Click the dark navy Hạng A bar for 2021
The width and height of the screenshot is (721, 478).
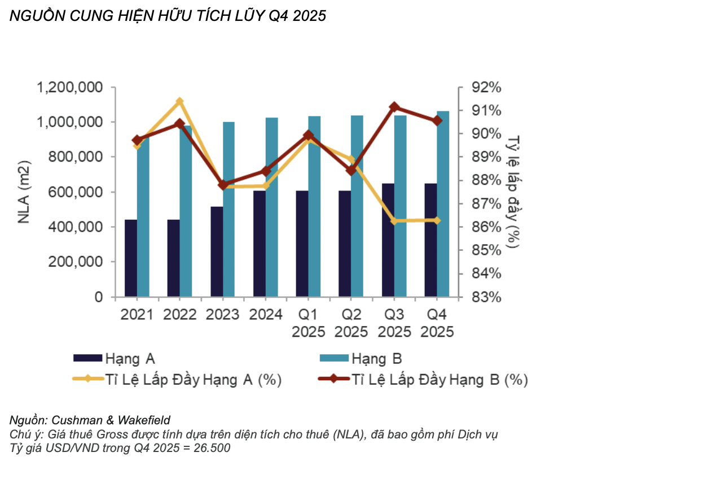(x=130, y=258)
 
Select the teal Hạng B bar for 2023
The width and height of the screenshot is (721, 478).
(x=228, y=209)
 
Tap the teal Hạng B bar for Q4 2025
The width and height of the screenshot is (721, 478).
(x=443, y=203)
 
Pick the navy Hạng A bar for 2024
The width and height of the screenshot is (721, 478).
(x=259, y=244)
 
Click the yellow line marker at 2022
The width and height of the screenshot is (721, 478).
(x=180, y=102)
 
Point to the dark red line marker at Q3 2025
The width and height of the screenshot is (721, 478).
(x=394, y=107)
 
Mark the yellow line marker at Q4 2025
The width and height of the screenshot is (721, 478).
(x=437, y=220)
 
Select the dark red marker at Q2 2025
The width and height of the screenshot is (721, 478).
(x=351, y=170)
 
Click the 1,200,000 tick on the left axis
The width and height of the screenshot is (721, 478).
(x=69, y=88)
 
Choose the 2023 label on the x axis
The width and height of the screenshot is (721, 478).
(x=223, y=315)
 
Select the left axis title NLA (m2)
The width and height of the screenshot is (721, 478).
(x=24, y=192)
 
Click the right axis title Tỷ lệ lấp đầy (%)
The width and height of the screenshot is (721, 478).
(x=513, y=192)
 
